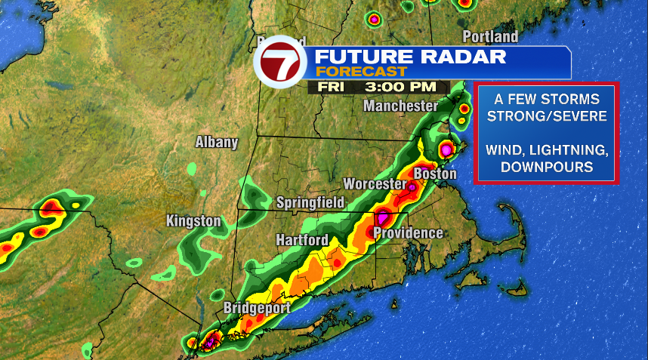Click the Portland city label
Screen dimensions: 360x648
pyautogui.click(x=490, y=36)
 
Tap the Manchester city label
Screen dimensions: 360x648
pyautogui.click(x=400, y=106)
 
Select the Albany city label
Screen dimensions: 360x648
pyautogui.click(x=217, y=142)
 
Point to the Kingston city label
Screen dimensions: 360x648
pyautogui.click(x=193, y=221)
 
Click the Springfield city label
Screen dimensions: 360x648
pyautogui.click(x=310, y=202)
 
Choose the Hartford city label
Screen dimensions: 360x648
pyautogui.click(x=301, y=240)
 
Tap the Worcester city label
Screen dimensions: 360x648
pyautogui.click(x=375, y=184)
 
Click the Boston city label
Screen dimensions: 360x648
pyautogui.click(x=435, y=174)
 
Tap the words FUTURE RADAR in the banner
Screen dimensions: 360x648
pyautogui.click(x=410, y=57)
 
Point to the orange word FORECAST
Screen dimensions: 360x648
pyautogui.click(x=361, y=72)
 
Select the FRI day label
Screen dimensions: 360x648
pyautogui.click(x=332, y=87)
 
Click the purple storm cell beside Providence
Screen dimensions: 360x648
pyautogui.click(x=383, y=220)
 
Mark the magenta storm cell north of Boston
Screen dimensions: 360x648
pyautogui.click(x=446, y=150)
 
